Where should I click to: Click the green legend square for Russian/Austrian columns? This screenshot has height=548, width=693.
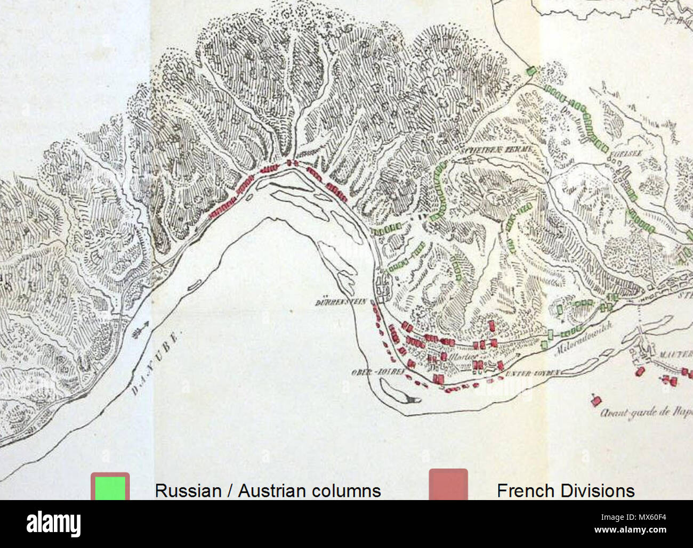tap(110, 487)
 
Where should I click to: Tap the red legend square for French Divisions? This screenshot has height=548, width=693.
tap(448, 485)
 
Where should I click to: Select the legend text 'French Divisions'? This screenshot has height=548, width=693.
tap(566, 490)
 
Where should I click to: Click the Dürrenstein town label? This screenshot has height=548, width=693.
tap(340, 302)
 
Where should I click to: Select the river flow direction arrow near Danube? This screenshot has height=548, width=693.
tap(141, 331)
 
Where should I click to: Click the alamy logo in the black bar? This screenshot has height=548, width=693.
tap(53, 524)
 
